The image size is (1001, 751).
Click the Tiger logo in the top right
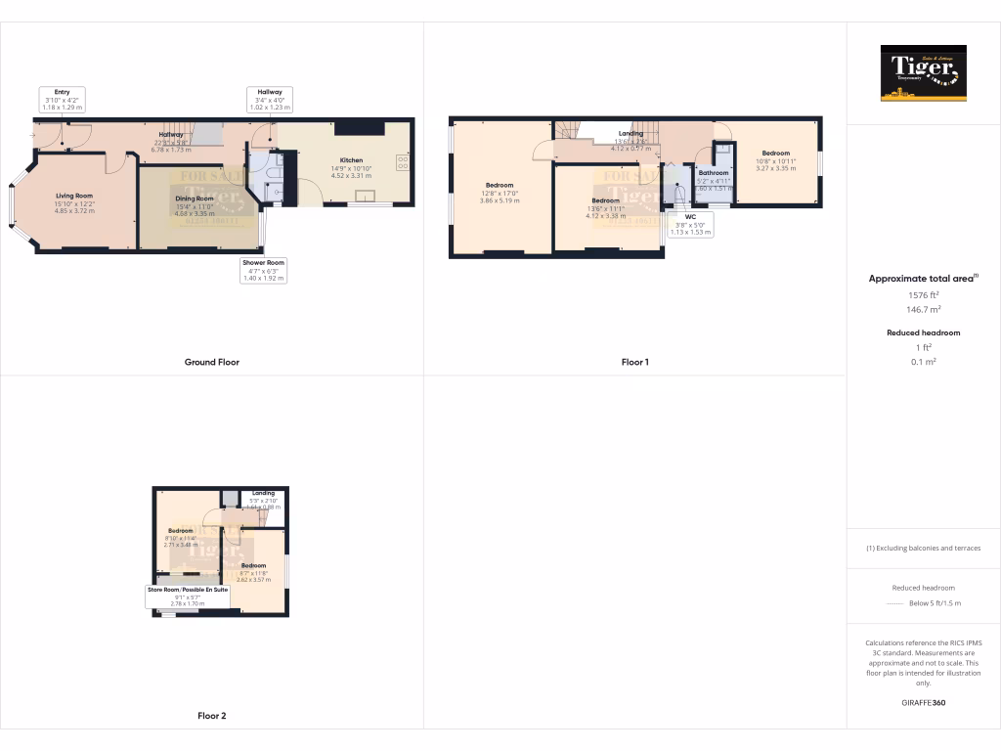point(923,73)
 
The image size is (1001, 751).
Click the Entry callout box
point(64,99)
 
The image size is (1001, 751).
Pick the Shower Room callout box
point(263,270)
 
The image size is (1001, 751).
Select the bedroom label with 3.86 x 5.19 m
point(500,192)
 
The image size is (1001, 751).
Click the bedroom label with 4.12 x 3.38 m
point(605,207)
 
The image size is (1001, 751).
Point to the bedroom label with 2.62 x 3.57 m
point(254,572)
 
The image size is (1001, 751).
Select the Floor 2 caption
point(211,716)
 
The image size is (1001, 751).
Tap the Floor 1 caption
point(634,362)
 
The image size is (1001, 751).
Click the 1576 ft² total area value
point(923,294)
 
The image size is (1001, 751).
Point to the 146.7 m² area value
point(923,309)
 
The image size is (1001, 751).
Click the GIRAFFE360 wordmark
point(923,703)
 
